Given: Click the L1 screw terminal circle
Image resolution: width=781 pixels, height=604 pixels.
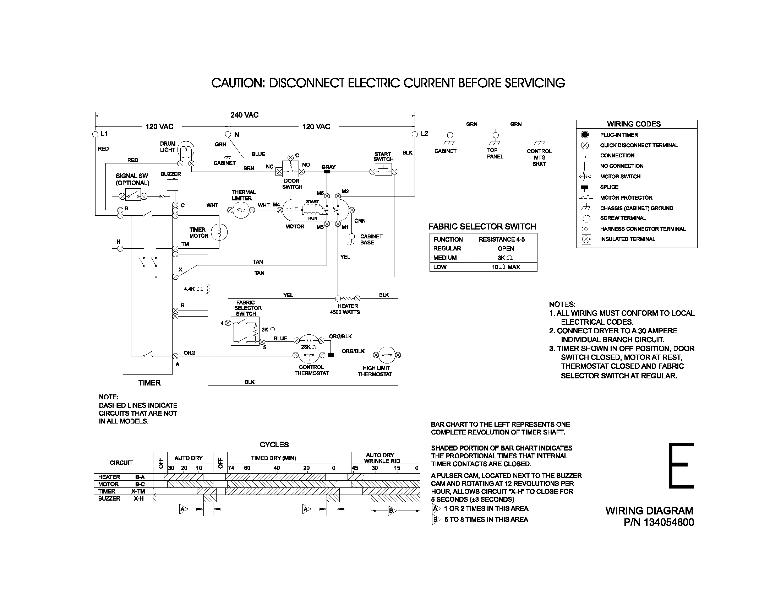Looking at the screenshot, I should pos(95,134).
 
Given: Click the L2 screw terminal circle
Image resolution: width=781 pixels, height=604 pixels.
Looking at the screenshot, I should pos(415,134).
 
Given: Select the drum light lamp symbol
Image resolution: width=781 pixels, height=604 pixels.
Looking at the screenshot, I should pos(186,150).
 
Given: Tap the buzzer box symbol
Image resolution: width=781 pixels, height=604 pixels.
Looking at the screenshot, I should pos(173,185).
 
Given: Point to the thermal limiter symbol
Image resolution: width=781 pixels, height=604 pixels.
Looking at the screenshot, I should pos(241,210).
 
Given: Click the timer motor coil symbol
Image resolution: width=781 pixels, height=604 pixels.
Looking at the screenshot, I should pos(219,232).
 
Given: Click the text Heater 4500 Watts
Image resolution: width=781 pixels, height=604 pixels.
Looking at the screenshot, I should pos(345,309).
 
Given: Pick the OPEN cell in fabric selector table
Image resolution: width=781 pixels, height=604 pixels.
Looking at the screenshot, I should pos(505,249).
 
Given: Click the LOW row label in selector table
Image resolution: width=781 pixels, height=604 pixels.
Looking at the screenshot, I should pos(440,267).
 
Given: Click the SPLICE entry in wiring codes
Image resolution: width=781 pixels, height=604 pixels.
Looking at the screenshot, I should pos(609,187).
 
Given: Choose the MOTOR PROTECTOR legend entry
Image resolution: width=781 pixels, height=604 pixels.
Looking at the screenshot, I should pos(626,198).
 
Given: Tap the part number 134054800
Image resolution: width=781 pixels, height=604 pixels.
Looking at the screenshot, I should pos(669,522).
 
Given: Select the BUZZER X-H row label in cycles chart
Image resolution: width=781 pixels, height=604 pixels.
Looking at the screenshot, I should pos(121,498).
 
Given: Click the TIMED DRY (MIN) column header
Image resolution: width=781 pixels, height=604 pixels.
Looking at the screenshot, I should pos(274,458).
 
